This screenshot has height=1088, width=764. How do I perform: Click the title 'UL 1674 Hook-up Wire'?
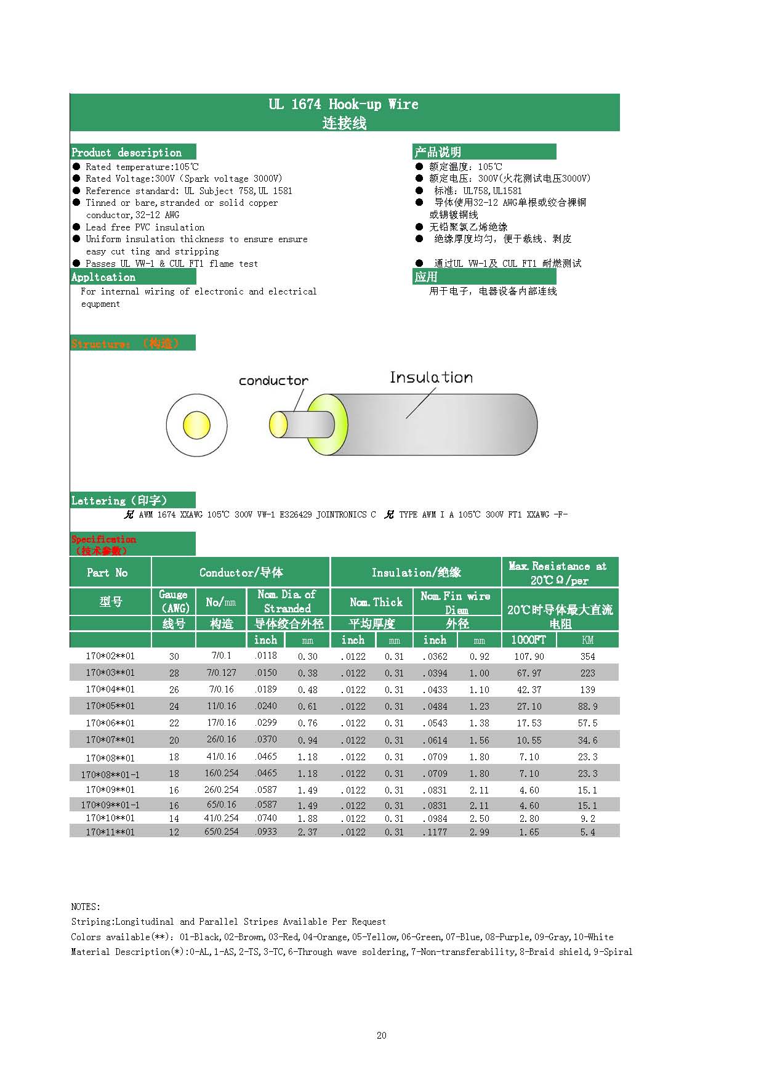coord(344,104)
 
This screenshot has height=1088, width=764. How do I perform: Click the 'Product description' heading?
coord(127,152)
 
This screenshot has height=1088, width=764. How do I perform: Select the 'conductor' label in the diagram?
coord(273,381)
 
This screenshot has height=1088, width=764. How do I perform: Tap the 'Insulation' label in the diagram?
coord(431,378)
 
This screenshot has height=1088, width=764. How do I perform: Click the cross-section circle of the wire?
coord(196,425)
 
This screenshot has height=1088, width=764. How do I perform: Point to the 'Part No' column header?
coord(108,572)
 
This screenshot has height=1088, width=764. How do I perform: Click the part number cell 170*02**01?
coord(110,656)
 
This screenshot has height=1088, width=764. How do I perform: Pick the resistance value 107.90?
coord(529,657)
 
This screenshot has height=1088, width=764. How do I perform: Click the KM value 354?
coord(587,657)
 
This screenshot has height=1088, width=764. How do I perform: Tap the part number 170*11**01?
coord(110,832)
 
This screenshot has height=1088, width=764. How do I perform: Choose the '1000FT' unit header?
coord(528,639)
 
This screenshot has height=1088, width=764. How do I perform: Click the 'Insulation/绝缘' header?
coord(416,572)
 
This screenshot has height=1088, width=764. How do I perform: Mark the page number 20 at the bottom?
coord(381,1036)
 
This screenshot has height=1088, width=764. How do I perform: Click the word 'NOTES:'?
coord(86,907)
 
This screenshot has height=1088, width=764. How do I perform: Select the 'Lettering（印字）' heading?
coord(119,500)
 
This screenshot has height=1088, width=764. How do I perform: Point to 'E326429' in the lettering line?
coord(296,514)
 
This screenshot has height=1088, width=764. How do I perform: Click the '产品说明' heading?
coord(438,152)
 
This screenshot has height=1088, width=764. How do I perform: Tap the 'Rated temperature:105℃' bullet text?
coord(142,167)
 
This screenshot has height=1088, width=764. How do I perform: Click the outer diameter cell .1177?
coord(435,832)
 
